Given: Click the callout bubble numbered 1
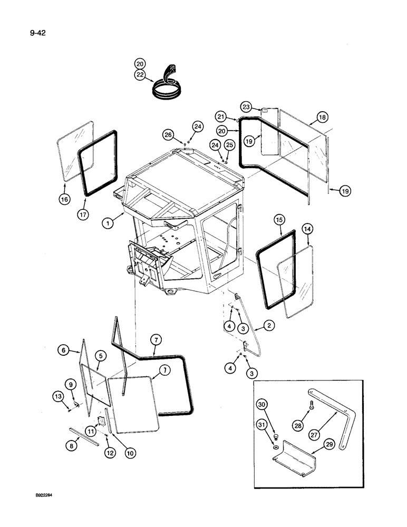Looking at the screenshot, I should click(x=109, y=222).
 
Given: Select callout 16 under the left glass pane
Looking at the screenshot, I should click(x=64, y=199).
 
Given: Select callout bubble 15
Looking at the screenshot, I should click(x=279, y=217).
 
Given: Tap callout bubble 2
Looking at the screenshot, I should click(x=268, y=327).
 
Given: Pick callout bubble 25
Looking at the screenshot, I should click(x=229, y=144).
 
